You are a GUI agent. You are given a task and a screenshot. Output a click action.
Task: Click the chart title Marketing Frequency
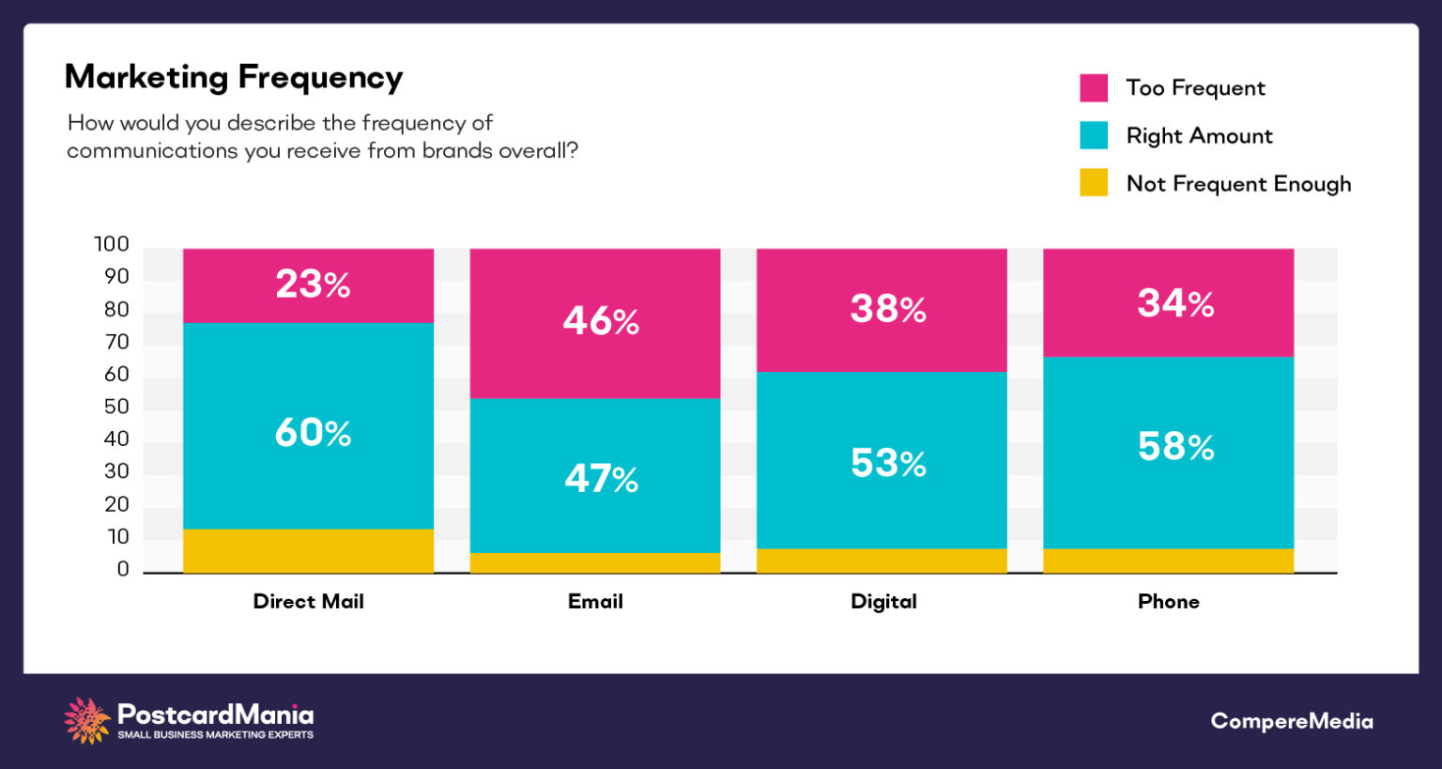234,77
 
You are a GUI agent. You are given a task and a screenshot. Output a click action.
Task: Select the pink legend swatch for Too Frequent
1094,88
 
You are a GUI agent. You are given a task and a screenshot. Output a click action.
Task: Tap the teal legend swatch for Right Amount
1094,136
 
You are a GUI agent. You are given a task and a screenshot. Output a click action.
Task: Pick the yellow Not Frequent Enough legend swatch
1094,183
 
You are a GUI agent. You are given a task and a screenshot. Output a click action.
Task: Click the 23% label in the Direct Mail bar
313,285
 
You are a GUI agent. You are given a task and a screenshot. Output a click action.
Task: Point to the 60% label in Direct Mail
313,433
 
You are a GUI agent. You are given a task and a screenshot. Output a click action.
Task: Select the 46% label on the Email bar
601,321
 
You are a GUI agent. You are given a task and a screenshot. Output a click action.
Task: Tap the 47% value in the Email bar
601,479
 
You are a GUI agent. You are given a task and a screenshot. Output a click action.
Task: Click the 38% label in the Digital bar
888,309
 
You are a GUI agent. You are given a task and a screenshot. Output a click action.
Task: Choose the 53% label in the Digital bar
888,463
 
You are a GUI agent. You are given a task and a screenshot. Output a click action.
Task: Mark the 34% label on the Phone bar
1175,303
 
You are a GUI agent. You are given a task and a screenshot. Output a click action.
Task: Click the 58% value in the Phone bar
1175,447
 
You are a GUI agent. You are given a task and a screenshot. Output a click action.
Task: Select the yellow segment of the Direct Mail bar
308,551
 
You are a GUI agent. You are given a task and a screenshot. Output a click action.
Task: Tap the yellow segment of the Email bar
595,562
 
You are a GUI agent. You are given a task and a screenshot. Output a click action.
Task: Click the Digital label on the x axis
883,602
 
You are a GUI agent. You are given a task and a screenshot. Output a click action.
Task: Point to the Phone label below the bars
1169,602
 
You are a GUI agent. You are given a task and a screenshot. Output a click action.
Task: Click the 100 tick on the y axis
112,245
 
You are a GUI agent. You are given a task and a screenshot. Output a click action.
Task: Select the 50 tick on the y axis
116,407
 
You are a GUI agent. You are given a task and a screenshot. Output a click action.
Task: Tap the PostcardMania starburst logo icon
87,720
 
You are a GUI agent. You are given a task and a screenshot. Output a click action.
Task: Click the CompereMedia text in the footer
1291,721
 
